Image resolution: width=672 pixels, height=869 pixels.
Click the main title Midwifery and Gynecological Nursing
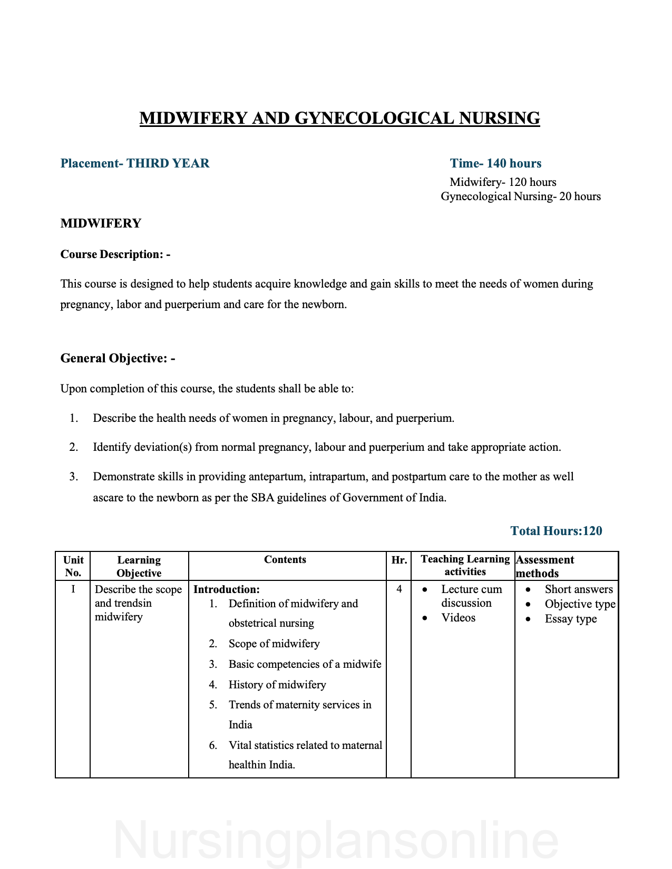(339, 118)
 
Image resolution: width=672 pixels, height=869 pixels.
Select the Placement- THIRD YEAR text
(135, 163)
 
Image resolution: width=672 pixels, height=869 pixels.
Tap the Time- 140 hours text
(495, 163)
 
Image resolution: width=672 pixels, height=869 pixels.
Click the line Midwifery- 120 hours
(503, 182)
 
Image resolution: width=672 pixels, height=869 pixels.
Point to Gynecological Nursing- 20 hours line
(521, 196)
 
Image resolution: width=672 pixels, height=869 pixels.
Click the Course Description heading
(115, 254)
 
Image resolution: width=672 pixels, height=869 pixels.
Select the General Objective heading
(118, 359)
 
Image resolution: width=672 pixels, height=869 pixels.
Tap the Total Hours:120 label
(556, 531)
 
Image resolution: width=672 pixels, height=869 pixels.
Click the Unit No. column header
(73, 566)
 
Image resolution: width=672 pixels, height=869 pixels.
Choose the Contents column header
(285, 559)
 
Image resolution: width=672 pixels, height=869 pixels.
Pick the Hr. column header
(399, 560)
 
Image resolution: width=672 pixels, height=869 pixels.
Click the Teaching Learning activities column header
(465, 565)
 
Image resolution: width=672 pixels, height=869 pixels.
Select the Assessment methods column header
(545, 566)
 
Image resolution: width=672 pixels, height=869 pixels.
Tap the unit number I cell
(73, 589)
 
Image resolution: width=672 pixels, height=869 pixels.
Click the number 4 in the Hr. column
(399, 589)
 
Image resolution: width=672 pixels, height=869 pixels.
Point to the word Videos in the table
(459, 618)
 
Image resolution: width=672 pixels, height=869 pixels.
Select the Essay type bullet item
(571, 619)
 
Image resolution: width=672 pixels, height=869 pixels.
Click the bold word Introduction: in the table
(227, 589)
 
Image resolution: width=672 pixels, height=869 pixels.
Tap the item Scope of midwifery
(274, 644)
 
